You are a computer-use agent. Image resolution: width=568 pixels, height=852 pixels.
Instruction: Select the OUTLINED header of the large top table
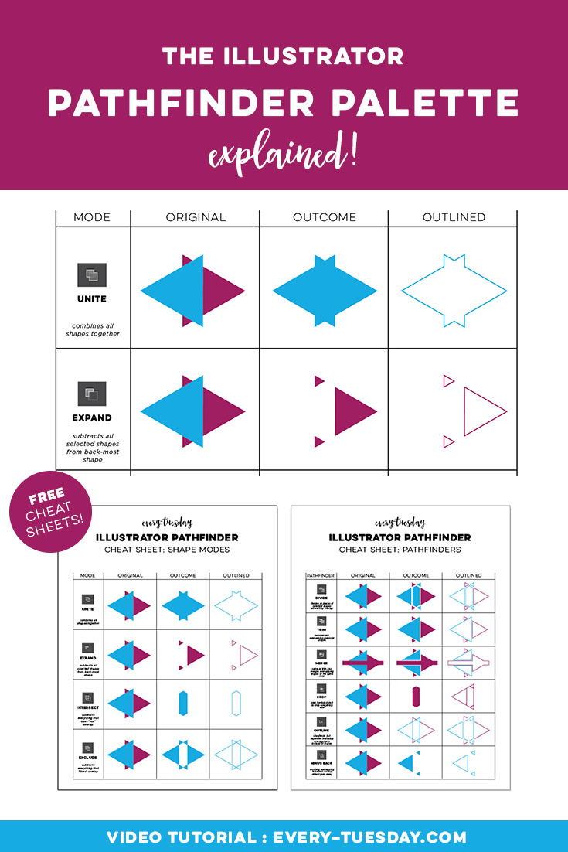pos(454,217)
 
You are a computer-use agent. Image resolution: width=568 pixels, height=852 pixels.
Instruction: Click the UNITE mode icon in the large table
pos(92,275)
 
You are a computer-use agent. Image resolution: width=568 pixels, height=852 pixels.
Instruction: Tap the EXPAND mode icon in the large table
pos(92,394)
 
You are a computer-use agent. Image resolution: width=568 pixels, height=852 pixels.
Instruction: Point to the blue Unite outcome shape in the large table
pos(325,291)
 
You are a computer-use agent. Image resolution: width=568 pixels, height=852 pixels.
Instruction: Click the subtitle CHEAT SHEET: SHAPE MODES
pos(168,550)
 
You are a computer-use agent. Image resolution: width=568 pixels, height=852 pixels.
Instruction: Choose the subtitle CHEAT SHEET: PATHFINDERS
pos(400,550)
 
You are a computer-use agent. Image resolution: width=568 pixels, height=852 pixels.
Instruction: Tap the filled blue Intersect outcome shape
pos(182,702)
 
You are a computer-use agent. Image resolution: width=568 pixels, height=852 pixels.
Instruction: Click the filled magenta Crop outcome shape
pos(416,696)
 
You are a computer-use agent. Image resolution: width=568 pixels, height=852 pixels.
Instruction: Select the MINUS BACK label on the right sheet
pos(320,769)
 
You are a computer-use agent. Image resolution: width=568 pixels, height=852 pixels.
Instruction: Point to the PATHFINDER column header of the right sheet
pos(320,575)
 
